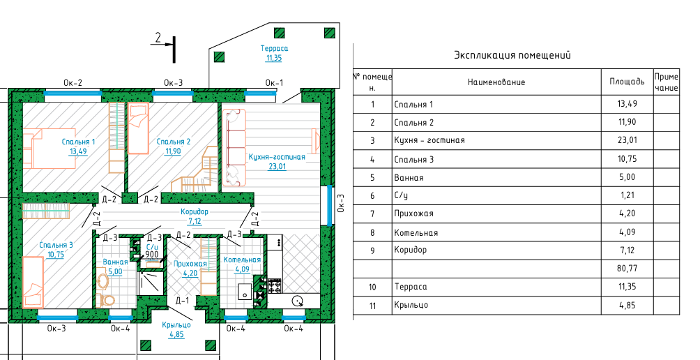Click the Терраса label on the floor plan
[274, 48]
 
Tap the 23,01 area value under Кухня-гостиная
[277, 167]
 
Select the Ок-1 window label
[274, 82]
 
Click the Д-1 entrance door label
[182, 300]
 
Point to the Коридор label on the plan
[195, 211]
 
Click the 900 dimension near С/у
[152, 255]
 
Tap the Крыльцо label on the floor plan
[176, 324]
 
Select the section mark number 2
[158, 38]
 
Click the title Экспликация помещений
[512, 55]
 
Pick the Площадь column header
[627, 82]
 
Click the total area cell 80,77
[627, 269]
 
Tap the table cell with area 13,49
[627, 104]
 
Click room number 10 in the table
[372, 287]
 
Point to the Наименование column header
[496, 82]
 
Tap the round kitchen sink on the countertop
[297, 301]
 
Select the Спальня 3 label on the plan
[56, 245]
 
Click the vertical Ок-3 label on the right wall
[342, 202]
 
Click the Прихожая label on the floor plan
[190, 264]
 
